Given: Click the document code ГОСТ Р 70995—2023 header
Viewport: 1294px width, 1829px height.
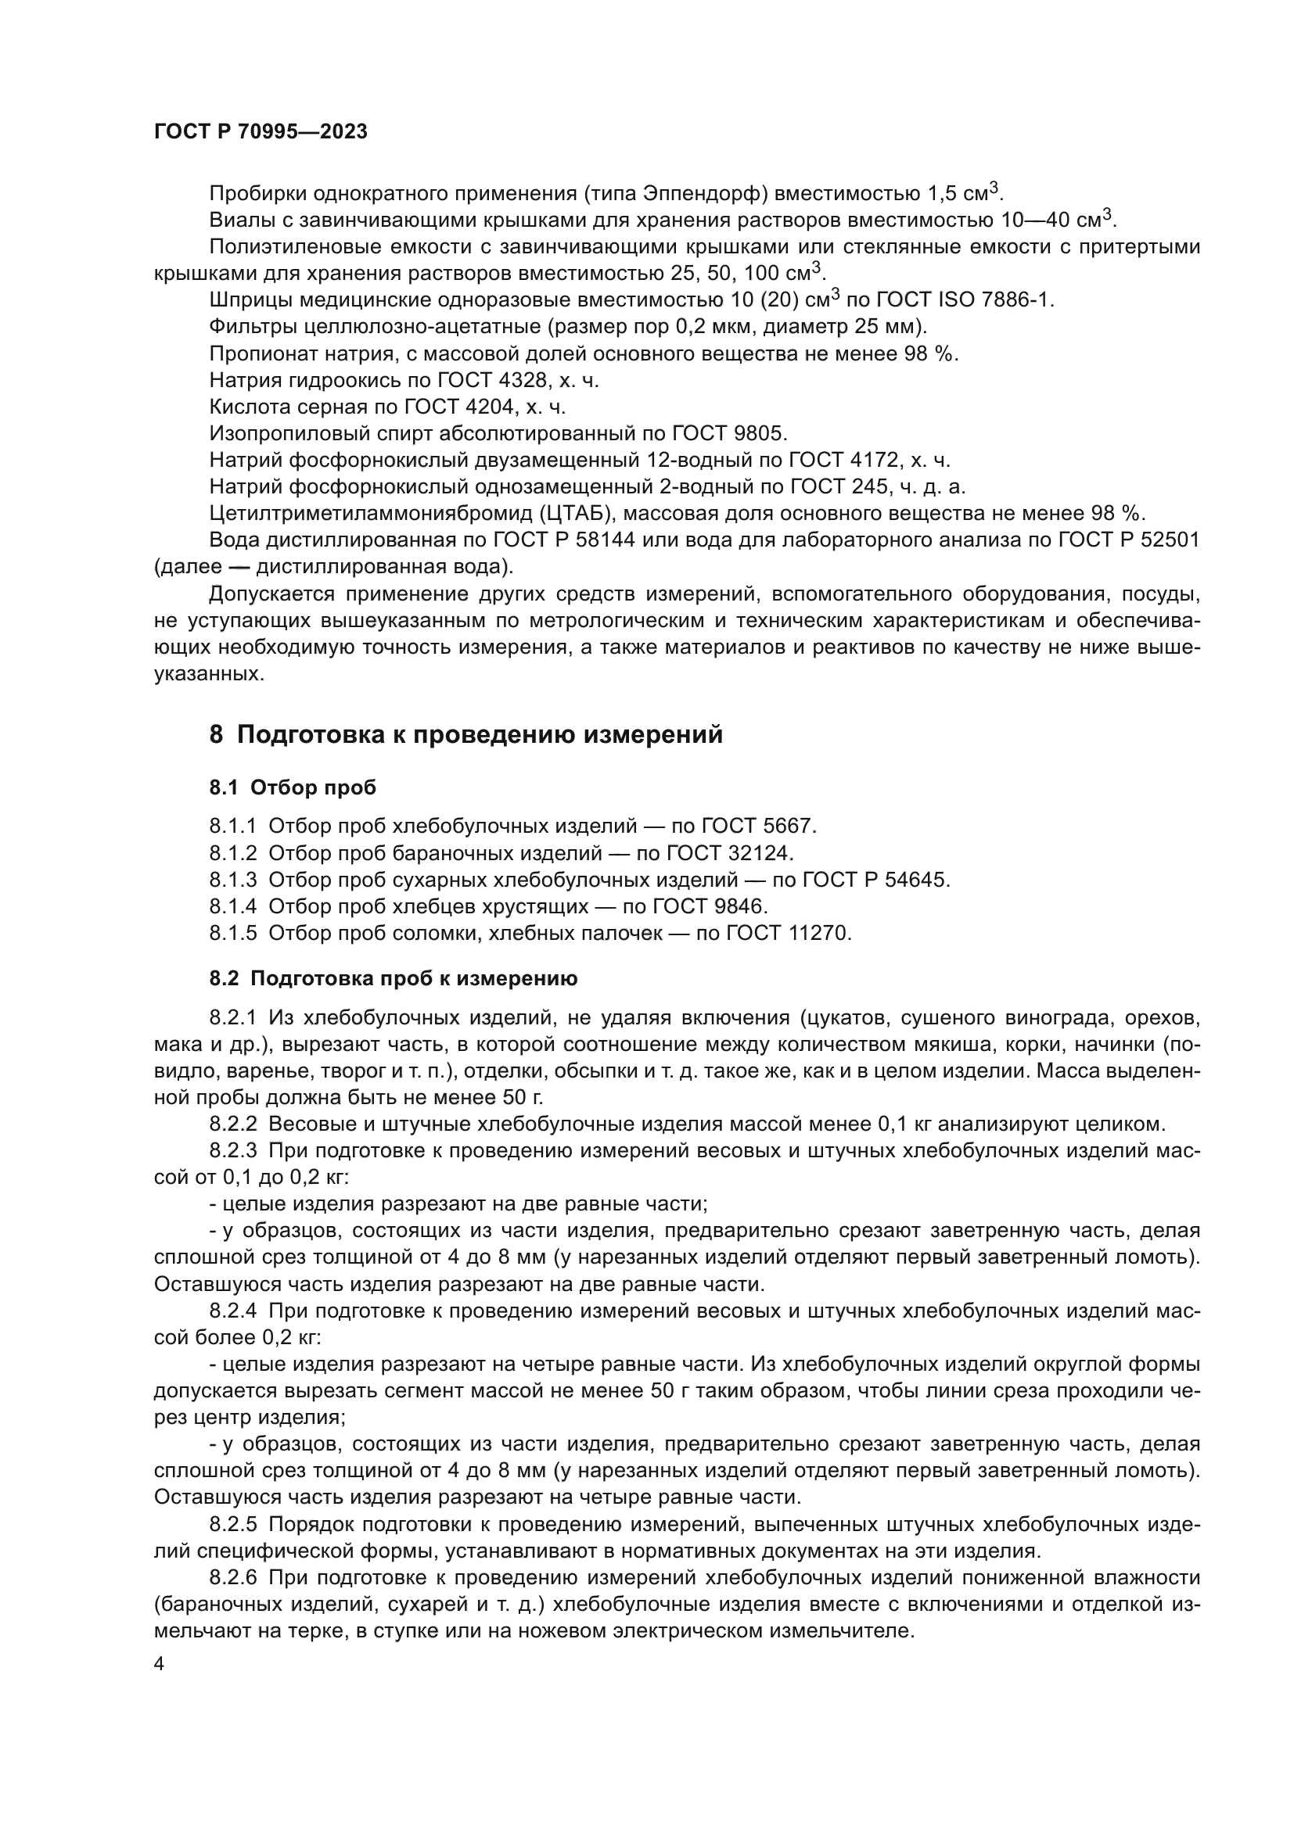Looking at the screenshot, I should pos(261,132).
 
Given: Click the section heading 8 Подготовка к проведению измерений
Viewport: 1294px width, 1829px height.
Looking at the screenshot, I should pos(466,733).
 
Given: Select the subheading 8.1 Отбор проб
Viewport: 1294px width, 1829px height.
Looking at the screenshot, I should pos(293,787).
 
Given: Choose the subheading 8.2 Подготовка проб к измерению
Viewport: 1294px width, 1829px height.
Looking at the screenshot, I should pos(394,977).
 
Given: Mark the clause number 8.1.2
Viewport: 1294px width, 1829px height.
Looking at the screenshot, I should pos(232,853).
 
